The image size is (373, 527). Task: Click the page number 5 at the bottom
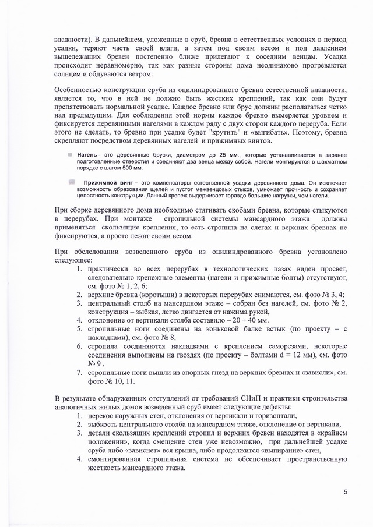[345, 493]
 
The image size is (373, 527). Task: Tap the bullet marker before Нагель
[69, 155]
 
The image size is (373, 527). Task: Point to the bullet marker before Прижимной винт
[72, 182]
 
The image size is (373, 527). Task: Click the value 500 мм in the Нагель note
[129, 168]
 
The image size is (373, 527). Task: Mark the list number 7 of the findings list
[79, 371]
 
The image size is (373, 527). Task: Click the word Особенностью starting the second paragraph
[80, 90]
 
